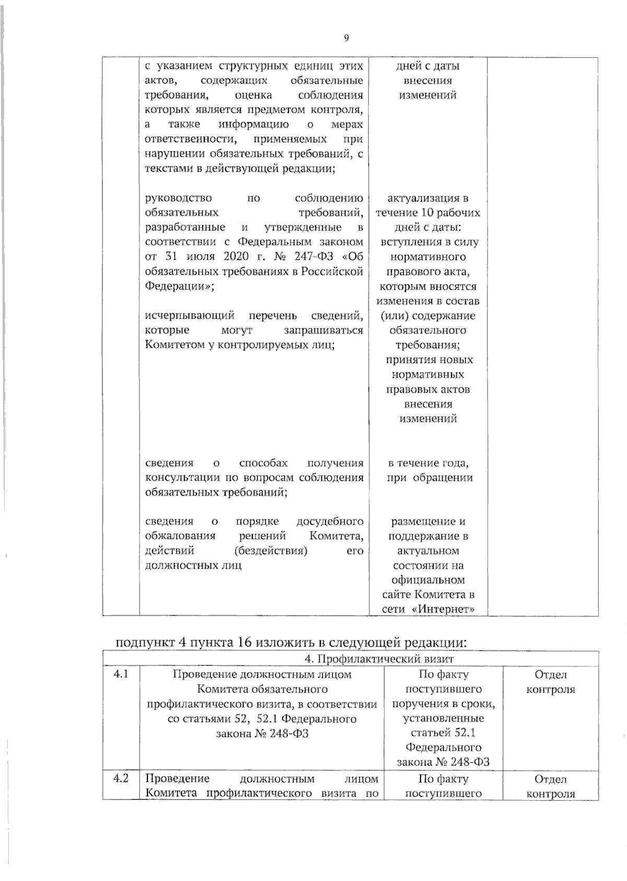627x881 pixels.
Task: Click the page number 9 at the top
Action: (346, 38)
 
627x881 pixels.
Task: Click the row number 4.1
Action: (121, 674)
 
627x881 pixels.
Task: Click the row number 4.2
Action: (121, 779)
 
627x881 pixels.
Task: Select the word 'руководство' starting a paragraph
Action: (178, 198)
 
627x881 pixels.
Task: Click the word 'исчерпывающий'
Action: (190, 315)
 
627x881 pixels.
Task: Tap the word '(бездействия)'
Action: (271, 550)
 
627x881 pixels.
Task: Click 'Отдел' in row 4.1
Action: (550, 674)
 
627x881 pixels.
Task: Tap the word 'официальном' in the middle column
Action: (428, 580)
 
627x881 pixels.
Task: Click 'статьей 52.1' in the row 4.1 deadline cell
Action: (443, 733)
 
